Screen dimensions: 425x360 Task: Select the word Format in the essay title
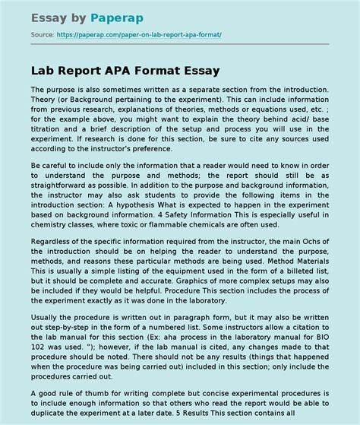click(169, 71)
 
